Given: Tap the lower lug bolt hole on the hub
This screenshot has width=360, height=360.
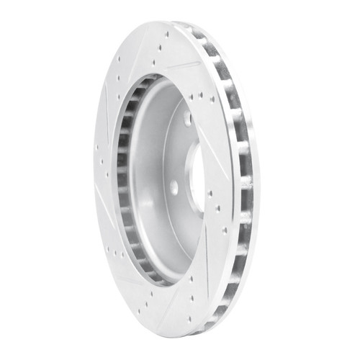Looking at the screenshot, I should click(x=174, y=187).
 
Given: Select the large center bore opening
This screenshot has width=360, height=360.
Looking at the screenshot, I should click(x=195, y=170).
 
